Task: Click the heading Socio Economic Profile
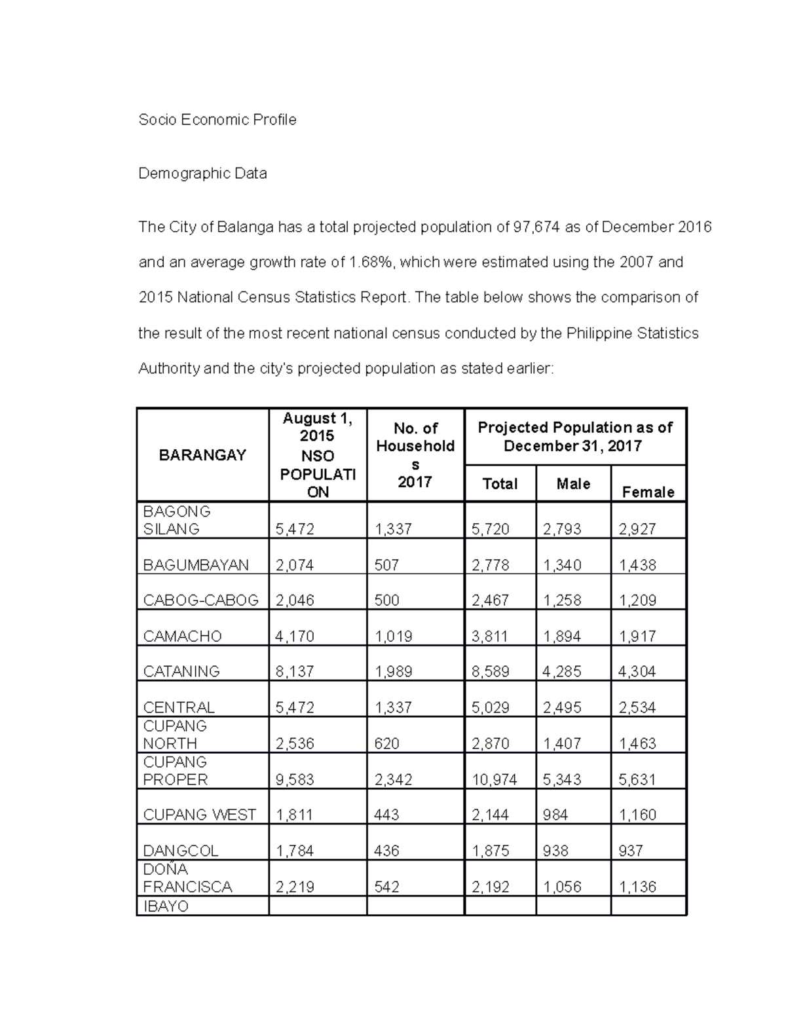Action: click(217, 120)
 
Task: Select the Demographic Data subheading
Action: click(202, 174)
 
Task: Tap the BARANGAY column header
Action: click(202, 455)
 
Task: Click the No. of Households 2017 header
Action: click(415, 455)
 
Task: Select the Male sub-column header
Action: click(573, 484)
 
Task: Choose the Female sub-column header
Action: click(648, 492)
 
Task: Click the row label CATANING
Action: click(181, 672)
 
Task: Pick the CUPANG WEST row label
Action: click(199, 815)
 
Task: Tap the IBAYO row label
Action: click(166, 907)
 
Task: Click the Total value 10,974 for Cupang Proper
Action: click(495, 780)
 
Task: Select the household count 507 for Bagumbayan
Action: click(386, 565)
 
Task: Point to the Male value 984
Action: click(555, 815)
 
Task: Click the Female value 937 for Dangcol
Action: click(631, 851)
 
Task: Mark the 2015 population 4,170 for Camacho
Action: click(295, 637)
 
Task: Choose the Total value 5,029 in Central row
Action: click(490, 708)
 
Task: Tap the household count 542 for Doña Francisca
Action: click(386, 887)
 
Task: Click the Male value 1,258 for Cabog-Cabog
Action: click(562, 601)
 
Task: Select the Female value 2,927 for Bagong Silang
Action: click(637, 529)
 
